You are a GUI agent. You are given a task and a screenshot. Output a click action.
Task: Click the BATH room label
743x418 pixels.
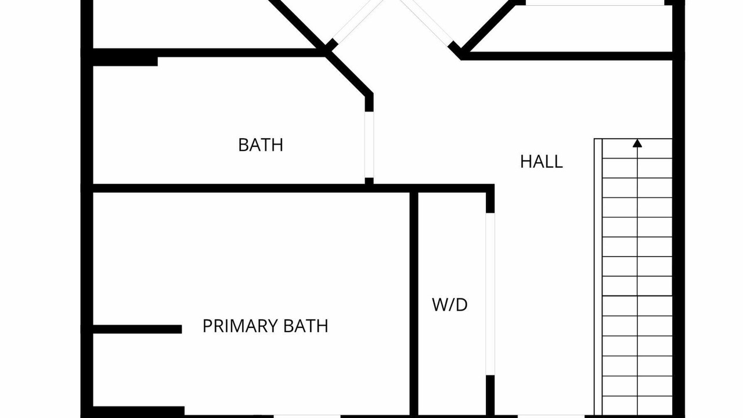coord(261,145)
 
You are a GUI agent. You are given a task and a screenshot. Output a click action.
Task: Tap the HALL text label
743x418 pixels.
coord(542,162)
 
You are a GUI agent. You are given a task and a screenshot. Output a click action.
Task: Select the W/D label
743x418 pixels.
coord(450,305)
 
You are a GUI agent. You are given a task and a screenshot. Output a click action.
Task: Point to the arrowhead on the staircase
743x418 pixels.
coord(637,143)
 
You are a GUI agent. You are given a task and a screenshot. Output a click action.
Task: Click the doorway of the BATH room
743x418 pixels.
coord(369,145)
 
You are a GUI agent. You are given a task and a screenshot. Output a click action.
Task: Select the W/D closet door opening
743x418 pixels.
coord(490,294)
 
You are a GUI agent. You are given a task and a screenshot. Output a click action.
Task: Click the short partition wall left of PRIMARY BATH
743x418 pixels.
coord(138,329)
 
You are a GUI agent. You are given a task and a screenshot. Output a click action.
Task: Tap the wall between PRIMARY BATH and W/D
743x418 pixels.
coord(414,304)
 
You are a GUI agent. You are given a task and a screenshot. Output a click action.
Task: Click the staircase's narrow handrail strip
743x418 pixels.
coord(598,277)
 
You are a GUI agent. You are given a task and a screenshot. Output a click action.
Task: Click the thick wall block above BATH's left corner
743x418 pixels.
coord(125,62)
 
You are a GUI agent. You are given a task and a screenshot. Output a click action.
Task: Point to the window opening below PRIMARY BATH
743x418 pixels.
coord(307,416)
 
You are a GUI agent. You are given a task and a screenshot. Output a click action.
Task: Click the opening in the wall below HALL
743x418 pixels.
coord(551,416)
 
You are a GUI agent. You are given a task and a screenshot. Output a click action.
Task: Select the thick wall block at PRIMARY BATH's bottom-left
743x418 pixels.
coord(139,412)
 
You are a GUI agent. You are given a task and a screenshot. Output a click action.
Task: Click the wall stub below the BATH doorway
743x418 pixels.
coord(369,181)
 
